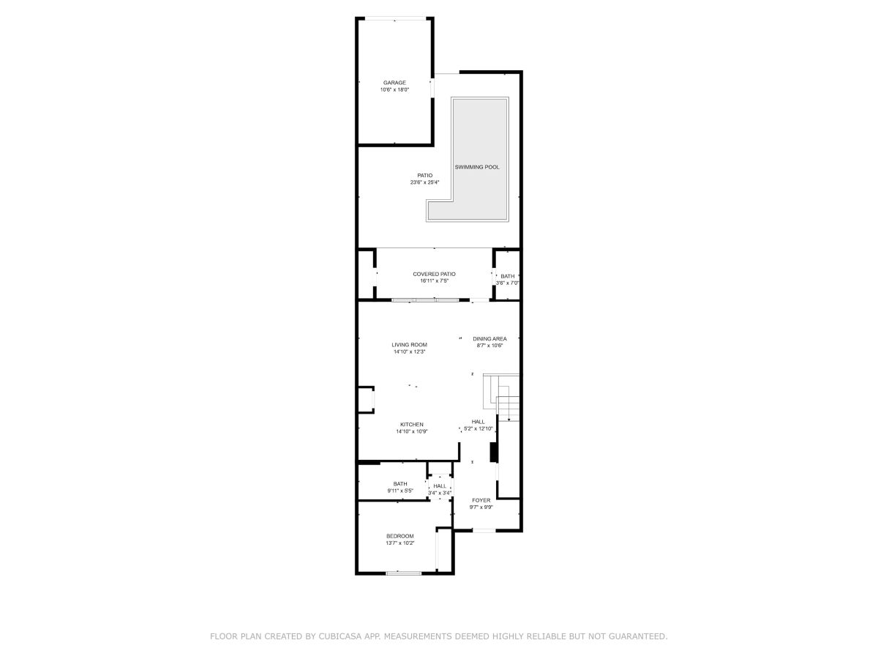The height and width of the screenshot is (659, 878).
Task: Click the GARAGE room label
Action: [394, 83]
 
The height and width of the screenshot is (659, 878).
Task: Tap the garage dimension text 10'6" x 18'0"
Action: [394, 90]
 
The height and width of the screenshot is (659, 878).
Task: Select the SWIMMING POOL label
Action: [477, 167]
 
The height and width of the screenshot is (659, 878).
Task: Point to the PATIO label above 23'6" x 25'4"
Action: [425, 176]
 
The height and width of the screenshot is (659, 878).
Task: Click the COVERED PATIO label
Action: [434, 274]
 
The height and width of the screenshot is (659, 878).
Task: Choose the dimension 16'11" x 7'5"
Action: [434, 281]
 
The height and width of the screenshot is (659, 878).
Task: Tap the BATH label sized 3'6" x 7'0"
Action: [508, 276]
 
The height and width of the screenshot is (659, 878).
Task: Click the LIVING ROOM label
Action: [409, 345]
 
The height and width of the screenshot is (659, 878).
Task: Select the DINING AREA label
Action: [489, 339]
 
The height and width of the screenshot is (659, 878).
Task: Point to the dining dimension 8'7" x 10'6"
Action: [489, 346]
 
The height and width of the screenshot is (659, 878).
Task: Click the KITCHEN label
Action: [412, 425]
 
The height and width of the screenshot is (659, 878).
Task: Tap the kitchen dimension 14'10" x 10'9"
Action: [412, 431]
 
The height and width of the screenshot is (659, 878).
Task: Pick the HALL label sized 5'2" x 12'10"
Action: [478, 422]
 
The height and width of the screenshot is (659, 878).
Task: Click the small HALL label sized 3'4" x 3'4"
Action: [440, 486]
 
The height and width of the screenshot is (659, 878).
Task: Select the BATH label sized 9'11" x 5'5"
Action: [400, 484]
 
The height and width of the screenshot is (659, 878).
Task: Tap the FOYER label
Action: [481, 500]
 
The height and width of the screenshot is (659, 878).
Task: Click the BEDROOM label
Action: [400, 536]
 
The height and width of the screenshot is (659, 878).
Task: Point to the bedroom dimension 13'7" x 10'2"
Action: [400, 543]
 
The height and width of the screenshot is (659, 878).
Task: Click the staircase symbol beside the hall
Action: [501, 397]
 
